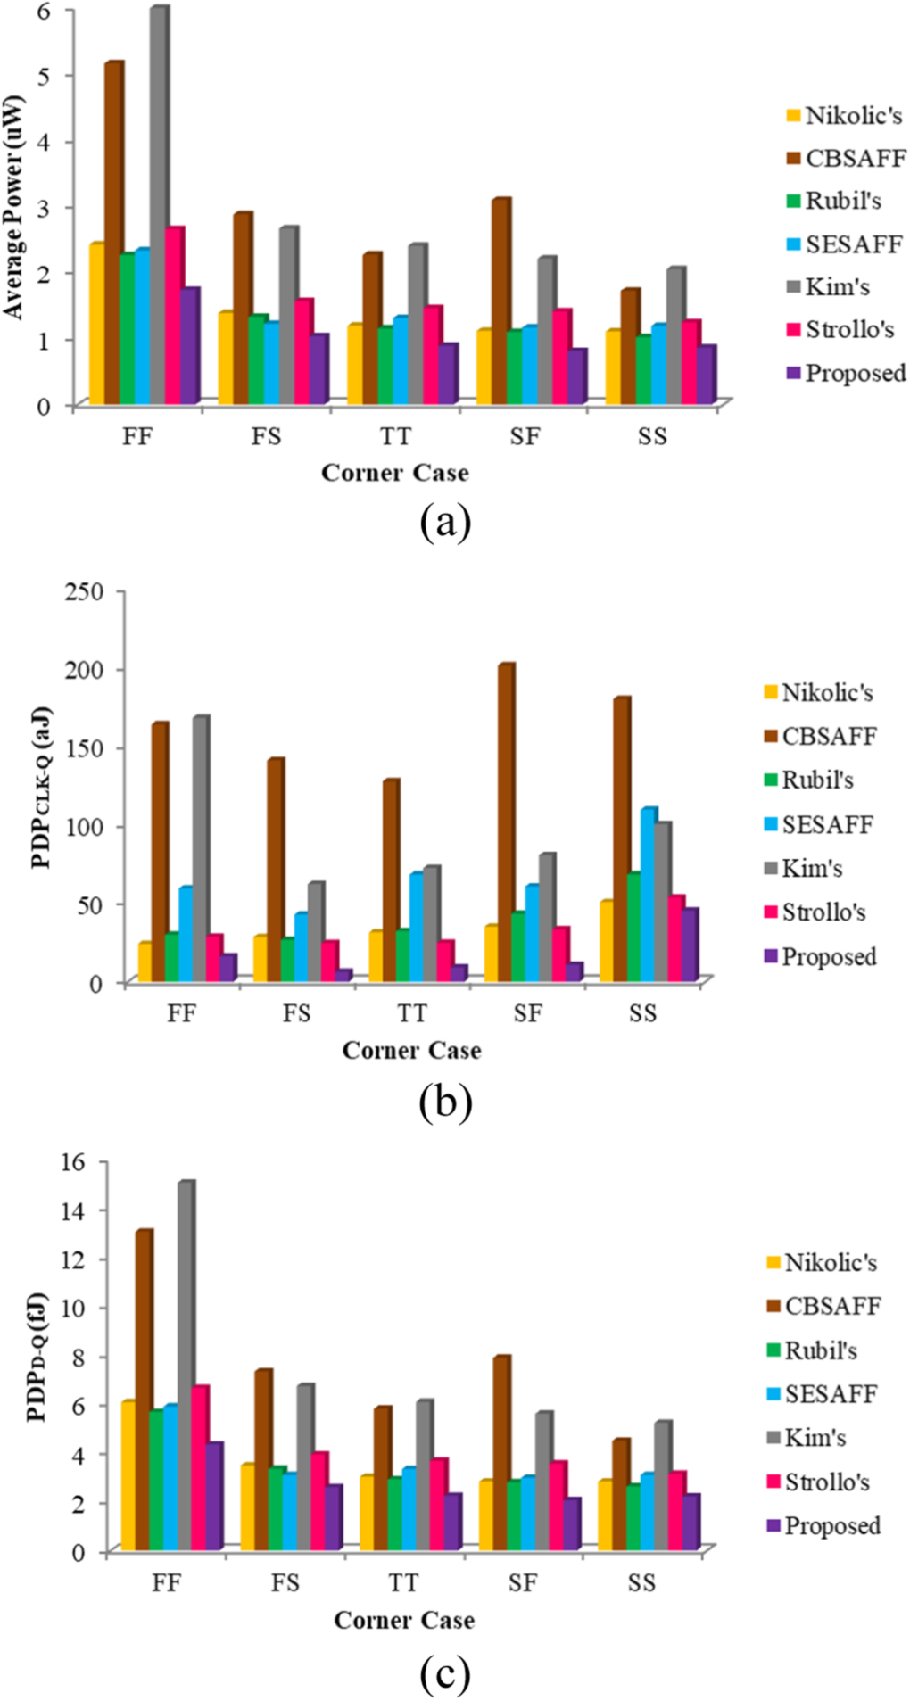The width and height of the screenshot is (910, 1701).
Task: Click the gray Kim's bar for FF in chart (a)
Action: pos(159,205)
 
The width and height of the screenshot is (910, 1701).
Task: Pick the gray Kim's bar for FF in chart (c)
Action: pos(186,1365)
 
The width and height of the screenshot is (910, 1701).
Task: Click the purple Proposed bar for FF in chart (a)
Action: pos(189,346)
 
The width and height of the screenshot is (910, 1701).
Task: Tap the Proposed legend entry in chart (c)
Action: pos(823,1526)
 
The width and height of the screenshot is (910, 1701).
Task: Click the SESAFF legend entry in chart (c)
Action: pos(821,1394)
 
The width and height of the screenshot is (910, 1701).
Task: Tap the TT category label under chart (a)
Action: pos(395,437)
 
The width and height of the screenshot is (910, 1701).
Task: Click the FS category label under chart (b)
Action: pos(296,1013)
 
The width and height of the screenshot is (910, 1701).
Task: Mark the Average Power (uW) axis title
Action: pos(15,207)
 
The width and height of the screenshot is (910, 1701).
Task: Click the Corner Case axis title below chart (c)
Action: pos(403,1621)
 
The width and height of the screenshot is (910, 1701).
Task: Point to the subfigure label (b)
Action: pos(444,1102)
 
